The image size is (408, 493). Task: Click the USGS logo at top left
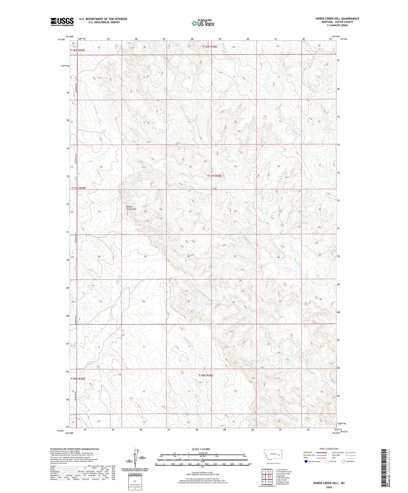(62, 22)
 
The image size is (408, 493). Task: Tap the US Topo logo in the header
(203, 23)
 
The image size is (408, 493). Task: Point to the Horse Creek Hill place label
(131, 208)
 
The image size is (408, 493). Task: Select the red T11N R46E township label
(215, 176)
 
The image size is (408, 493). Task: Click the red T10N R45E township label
(78, 379)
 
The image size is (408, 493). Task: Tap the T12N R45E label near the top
(78, 50)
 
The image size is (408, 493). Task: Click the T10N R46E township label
(206, 375)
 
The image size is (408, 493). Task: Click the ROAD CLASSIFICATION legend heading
(329, 449)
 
